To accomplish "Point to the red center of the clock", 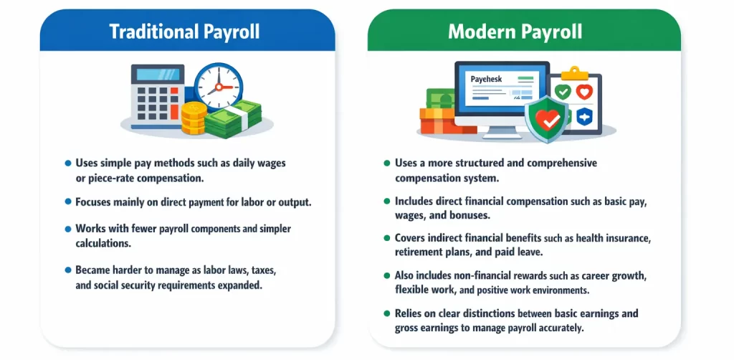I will click(218, 87).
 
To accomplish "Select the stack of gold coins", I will click(193, 118).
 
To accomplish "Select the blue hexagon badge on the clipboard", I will click(585, 116).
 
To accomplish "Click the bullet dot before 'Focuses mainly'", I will click(68, 203).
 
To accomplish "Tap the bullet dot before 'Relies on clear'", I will click(387, 314).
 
